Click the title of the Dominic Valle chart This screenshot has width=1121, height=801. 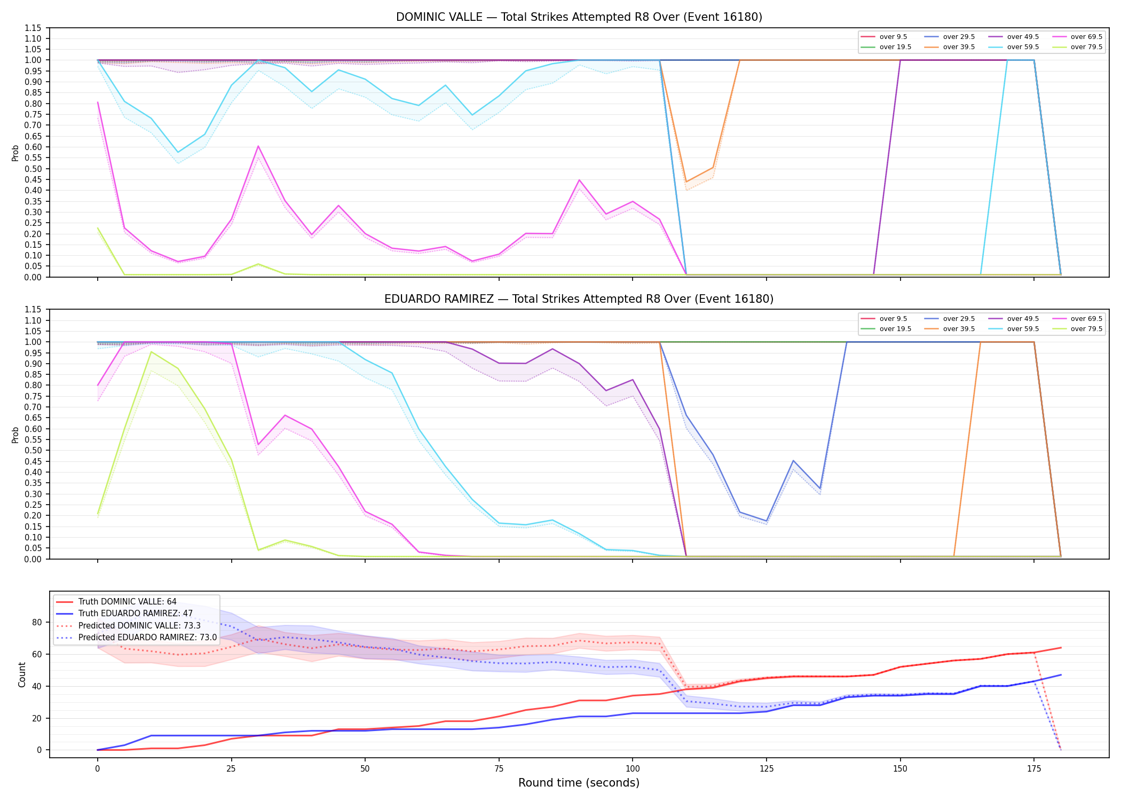579,17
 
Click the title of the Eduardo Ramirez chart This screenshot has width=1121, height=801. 579,299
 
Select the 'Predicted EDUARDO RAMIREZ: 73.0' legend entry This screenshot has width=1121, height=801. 137,638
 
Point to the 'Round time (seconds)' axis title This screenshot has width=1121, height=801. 579,783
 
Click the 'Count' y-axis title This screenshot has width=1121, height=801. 22,674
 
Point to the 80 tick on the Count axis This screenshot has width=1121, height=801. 37,622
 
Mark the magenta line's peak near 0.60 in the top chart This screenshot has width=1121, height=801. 258,146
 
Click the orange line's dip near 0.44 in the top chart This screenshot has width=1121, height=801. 686,182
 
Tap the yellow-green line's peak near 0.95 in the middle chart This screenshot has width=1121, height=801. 151,352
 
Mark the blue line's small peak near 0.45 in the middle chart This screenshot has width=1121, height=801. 793,460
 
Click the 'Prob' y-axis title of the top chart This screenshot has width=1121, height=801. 15,153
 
